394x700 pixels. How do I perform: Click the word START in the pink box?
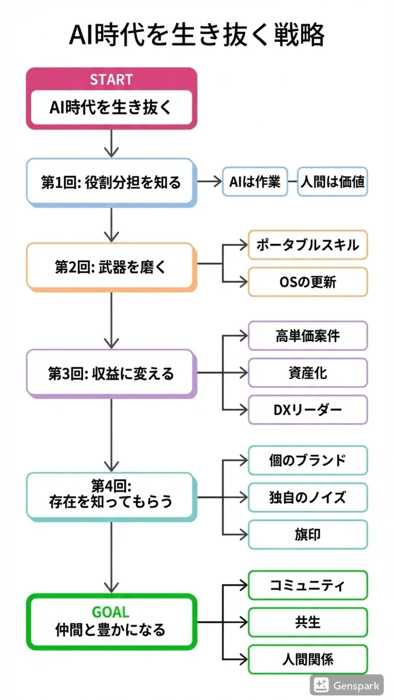(111, 79)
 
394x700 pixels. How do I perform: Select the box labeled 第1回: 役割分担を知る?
(111, 183)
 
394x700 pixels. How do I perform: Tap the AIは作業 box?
(255, 182)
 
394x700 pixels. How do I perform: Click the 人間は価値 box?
(332, 182)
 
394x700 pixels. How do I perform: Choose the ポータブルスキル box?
(308, 245)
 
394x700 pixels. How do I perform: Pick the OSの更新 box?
(308, 282)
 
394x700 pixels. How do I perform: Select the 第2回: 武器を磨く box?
(111, 267)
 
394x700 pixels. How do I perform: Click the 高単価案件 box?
(308, 336)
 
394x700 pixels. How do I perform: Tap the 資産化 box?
(308, 373)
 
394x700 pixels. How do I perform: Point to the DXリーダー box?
(308, 410)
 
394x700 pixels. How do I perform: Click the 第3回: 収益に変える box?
(111, 374)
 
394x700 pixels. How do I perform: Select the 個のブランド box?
(308, 460)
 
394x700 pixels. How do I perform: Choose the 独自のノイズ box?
(308, 497)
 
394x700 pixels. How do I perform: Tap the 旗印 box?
(308, 534)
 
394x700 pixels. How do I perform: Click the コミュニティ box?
(308, 585)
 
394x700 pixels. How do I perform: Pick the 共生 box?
(308, 622)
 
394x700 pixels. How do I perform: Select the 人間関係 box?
(308, 660)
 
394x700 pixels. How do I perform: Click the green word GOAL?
(111, 612)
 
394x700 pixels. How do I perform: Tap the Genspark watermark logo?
(321, 685)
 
